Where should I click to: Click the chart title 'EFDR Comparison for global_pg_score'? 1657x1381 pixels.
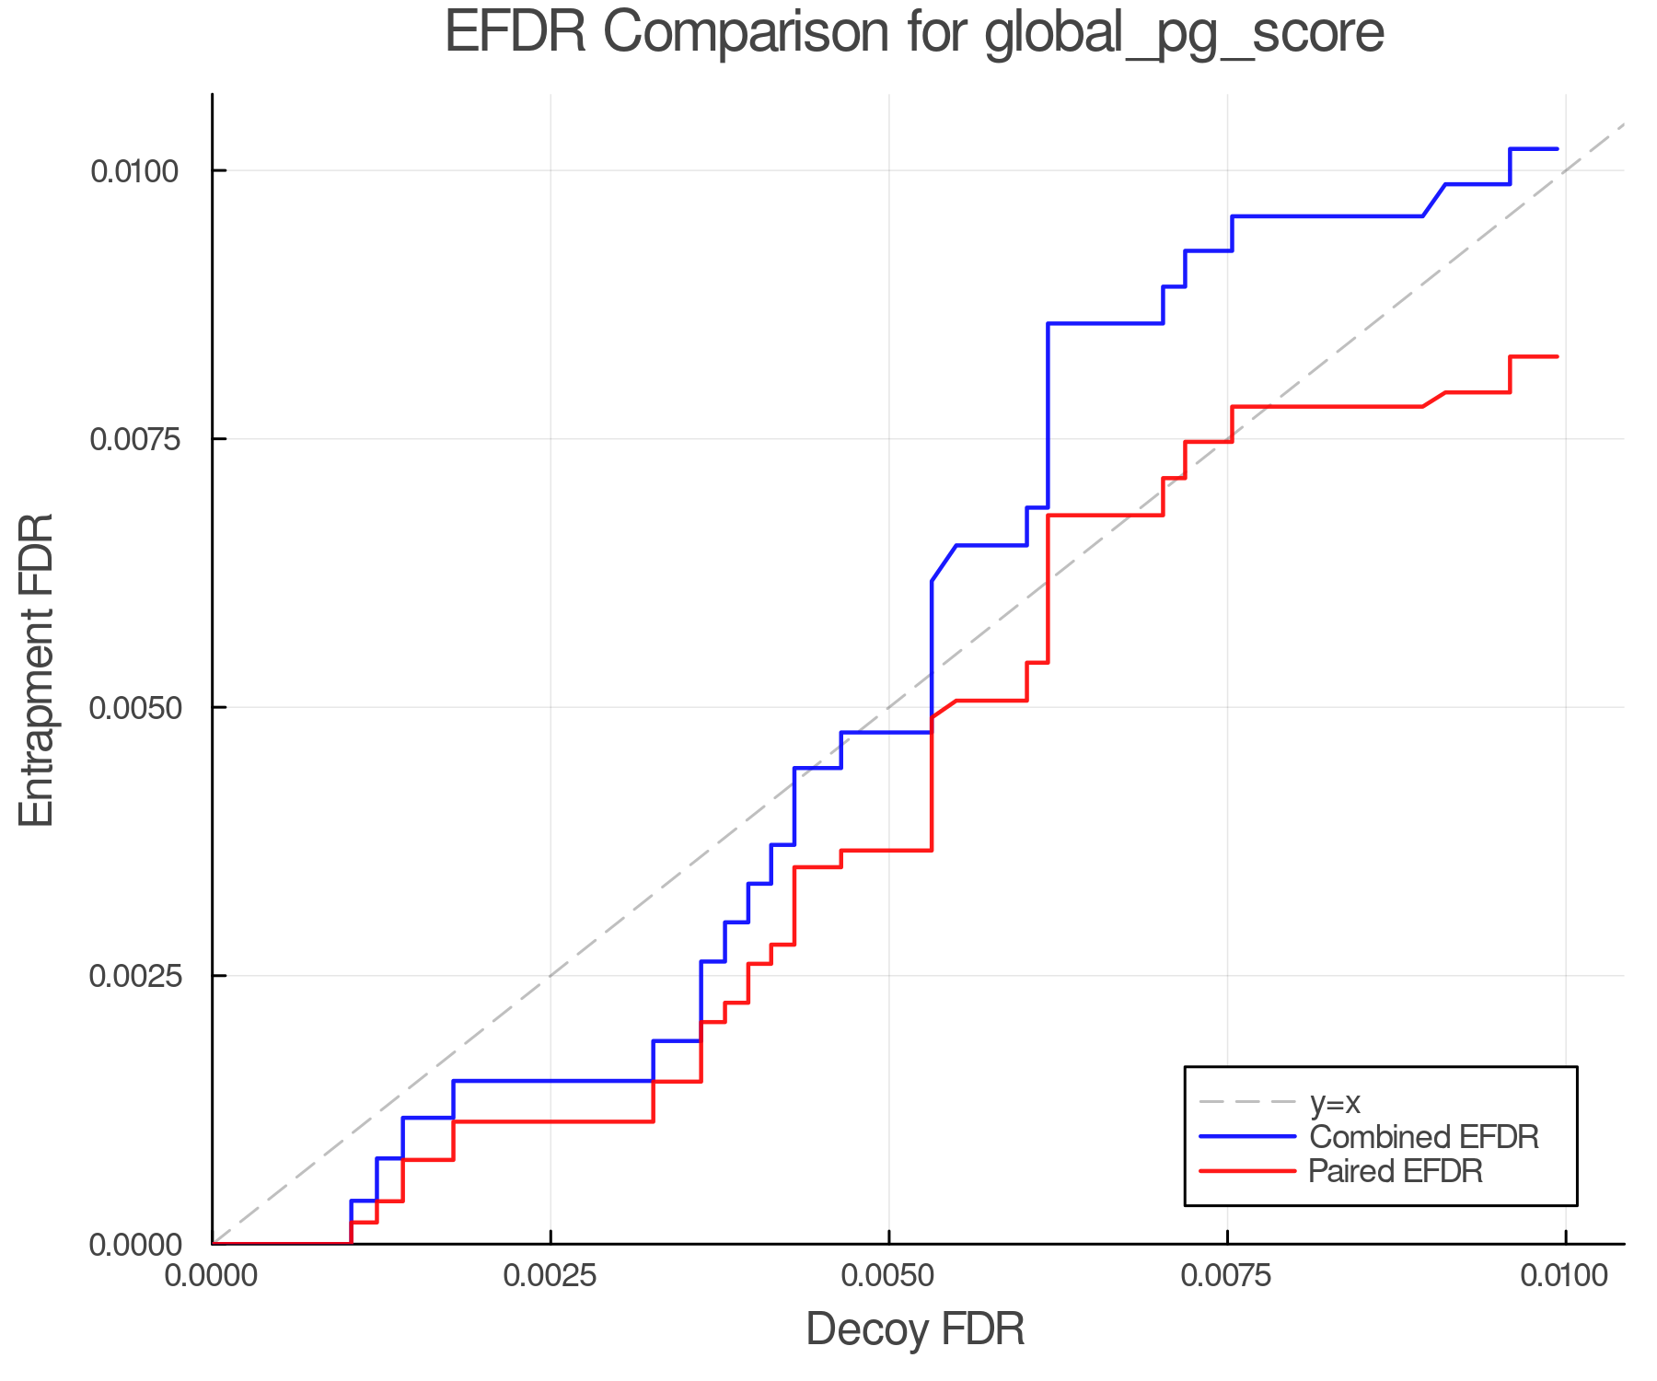click(x=914, y=33)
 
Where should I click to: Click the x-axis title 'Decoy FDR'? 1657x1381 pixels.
click(x=915, y=1329)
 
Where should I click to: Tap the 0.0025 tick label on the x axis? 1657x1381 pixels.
click(x=550, y=1276)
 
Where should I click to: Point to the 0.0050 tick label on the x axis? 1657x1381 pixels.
click(x=888, y=1276)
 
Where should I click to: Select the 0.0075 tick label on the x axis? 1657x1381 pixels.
click(x=1227, y=1276)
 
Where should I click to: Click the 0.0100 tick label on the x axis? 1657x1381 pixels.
click(x=1565, y=1276)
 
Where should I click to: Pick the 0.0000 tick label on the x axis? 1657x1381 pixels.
click(x=213, y=1276)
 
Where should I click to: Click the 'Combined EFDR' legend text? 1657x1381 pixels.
click(x=1423, y=1137)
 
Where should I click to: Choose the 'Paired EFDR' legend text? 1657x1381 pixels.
click(x=1396, y=1171)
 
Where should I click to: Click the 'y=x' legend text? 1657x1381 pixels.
click(x=1335, y=1102)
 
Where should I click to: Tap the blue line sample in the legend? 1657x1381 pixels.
click(x=1247, y=1137)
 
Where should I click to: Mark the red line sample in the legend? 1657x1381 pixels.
click(x=1247, y=1171)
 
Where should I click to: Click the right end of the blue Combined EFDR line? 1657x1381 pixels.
click(x=1557, y=149)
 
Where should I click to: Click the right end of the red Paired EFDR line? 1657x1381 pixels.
click(x=1557, y=356)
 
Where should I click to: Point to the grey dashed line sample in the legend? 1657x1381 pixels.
click(x=1247, y=1102)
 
